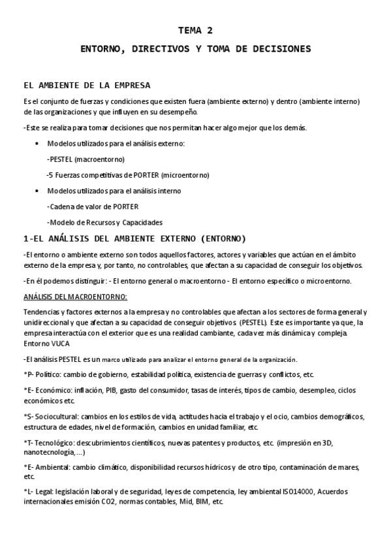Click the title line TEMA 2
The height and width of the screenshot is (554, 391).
(x=195, y=30)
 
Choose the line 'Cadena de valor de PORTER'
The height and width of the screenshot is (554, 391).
(x=93, y=206)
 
